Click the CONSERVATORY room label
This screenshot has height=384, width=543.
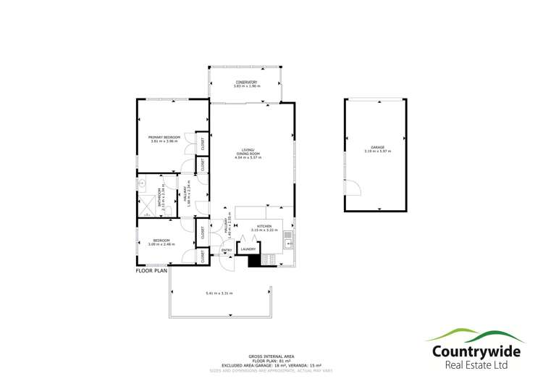coord(246,82)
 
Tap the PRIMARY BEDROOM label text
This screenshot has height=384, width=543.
coord(164,137)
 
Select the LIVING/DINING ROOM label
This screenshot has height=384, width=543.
coord(248,152)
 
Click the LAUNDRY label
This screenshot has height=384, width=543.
coord(248,249)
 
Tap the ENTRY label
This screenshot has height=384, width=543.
coord(227,251)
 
